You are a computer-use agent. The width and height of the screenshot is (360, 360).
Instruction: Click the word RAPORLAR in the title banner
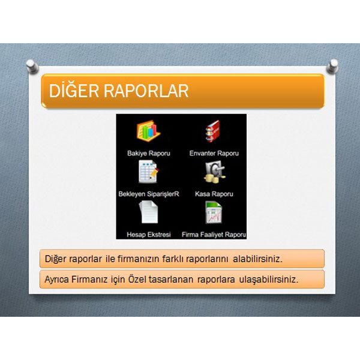coord(146,91)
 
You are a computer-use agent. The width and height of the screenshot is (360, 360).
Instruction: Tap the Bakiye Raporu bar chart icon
coord(149,131)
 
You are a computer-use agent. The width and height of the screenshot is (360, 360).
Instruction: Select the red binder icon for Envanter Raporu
coord(213,131)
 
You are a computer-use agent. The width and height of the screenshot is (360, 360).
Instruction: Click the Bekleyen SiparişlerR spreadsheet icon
coord(149,172)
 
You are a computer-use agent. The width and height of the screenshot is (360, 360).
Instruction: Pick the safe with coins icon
coord(214,172)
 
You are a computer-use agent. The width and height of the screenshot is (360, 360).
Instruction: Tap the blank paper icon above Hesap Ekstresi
coord(149,212)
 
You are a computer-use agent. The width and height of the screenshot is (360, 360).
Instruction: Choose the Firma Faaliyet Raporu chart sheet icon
coord(214,212)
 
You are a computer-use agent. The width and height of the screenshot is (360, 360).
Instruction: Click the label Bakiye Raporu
coord(149,154)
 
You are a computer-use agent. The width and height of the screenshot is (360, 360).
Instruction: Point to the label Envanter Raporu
coord(214,154)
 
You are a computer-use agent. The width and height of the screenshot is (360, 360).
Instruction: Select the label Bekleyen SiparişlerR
coord(149,194)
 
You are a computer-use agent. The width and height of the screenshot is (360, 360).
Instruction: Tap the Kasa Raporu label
coord(214,194)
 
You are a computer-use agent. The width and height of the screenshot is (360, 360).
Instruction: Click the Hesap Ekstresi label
coord(149,235)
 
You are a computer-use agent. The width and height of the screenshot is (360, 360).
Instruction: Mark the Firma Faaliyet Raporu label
coord(214,235)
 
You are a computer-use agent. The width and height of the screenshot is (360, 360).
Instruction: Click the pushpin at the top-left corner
coord(32,67)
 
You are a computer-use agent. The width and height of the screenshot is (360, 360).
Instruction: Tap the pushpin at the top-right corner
coord(332,66)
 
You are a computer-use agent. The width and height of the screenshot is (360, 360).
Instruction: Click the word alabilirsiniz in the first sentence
coord(257,259)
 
